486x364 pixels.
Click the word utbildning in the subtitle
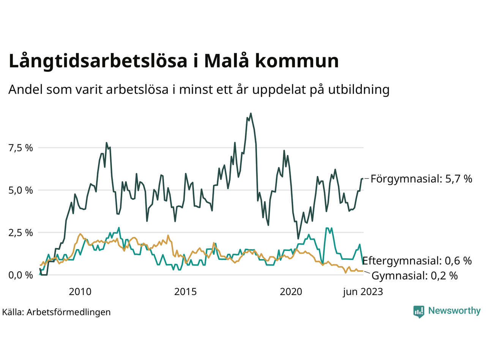359,90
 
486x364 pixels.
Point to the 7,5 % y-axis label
21,148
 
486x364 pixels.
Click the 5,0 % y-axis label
21,190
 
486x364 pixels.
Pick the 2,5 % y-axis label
21,233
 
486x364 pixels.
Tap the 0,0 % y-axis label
21,275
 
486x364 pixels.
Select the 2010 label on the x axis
80,292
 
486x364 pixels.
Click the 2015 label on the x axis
185,292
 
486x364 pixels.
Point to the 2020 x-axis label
291,292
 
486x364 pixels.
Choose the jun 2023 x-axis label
363,292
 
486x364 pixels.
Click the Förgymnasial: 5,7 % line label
421,179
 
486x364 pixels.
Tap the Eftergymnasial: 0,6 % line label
417,261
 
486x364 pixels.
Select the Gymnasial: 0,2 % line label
414,276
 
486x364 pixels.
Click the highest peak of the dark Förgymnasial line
251,113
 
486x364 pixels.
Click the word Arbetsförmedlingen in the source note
69,312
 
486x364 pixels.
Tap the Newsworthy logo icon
419,311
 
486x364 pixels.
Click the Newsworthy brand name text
454,311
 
